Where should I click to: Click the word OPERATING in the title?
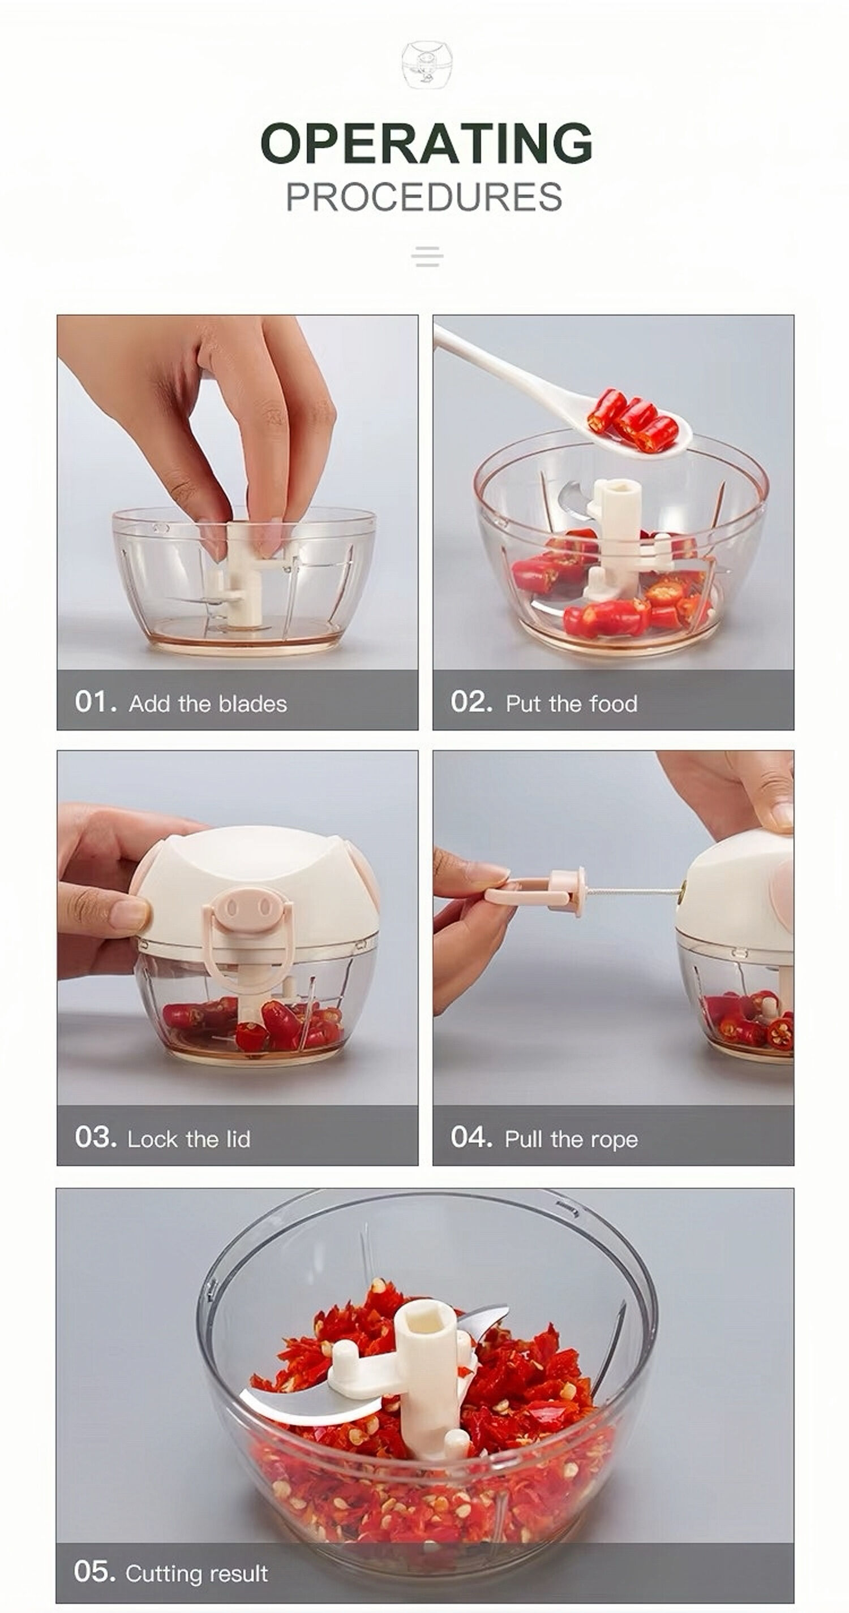click(426, 144)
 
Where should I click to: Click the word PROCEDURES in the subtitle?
click(423, 197)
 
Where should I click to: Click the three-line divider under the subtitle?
click(427, 256)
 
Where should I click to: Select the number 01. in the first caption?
click(95, 702)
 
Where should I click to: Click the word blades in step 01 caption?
click(252, 704)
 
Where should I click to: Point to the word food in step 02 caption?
click(614, 704)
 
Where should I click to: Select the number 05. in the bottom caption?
click(94, 1571)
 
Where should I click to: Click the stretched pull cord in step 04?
click(633, 889)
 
